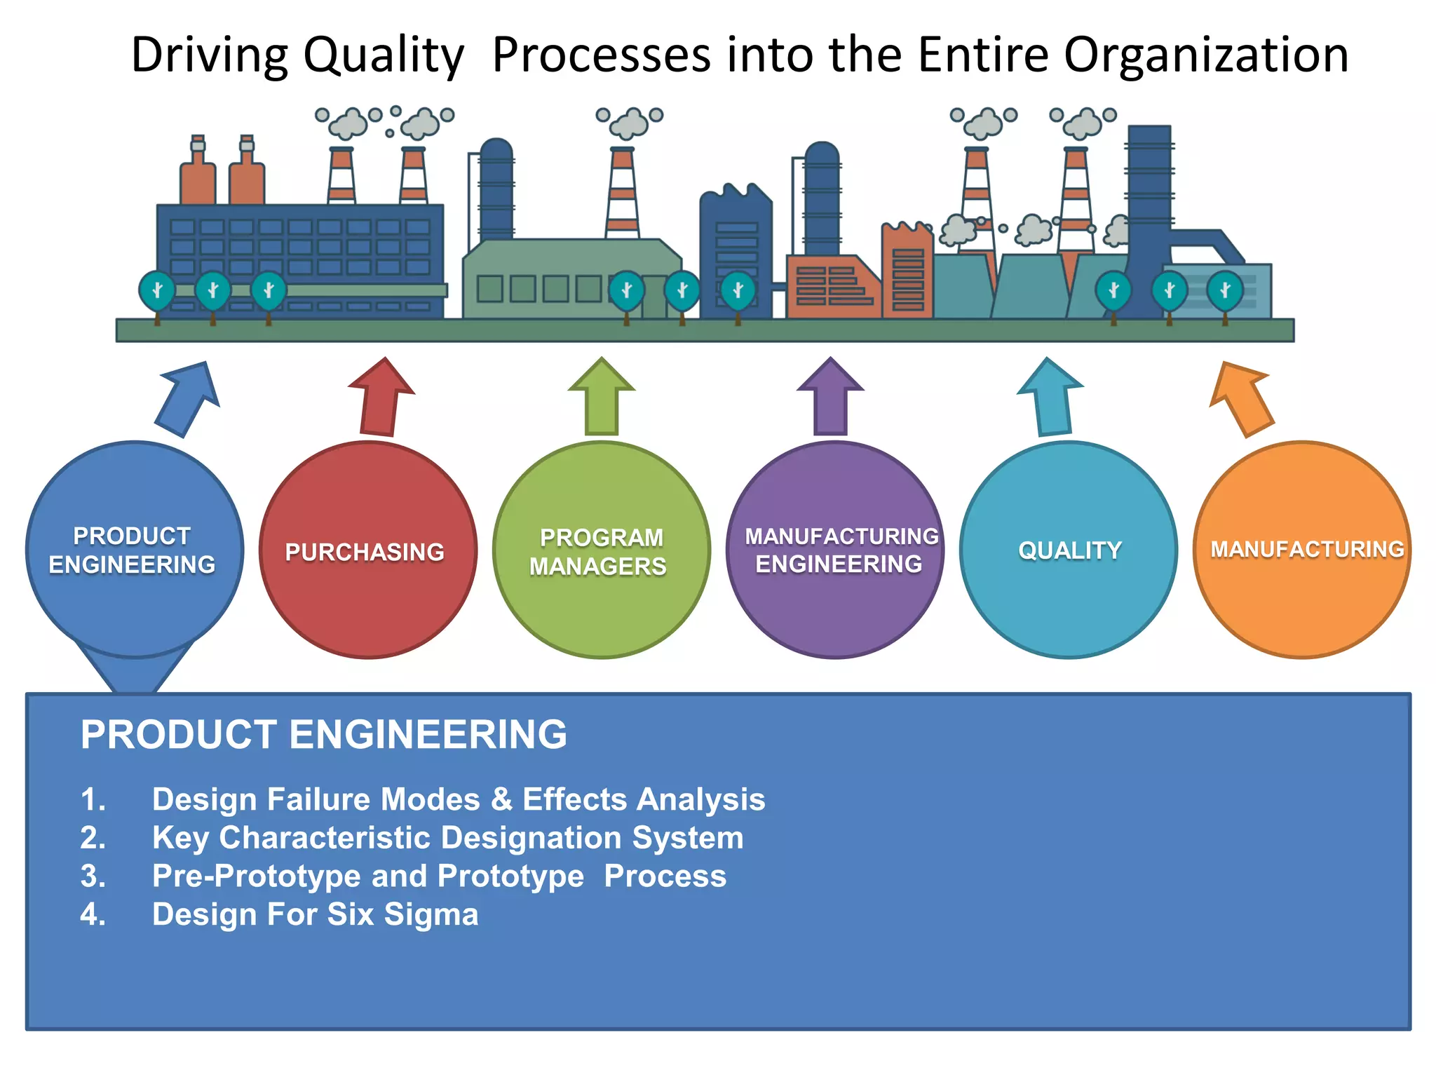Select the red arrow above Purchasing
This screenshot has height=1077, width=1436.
pyautogui.click(x=381, y=398)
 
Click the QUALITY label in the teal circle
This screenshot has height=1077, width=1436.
pyautogui.click(x=1069, y=550)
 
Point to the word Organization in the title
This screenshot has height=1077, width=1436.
pyautogui.click(x=1205, y=55)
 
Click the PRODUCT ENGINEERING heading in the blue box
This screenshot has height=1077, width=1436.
pyautogui.click(x=323, y=734)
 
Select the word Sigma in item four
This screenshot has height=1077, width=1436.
pyautogui.click(x=431, y=914)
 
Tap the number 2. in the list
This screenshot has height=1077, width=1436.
pyautogui.click(x=93, y=838)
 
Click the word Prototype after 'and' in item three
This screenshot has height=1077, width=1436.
pyautogui.click(x=510, y=876)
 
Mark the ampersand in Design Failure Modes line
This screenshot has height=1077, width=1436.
pyautogui.click(x=501, y=799)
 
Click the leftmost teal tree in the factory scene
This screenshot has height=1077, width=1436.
pyautogui.click(x=157, y=291)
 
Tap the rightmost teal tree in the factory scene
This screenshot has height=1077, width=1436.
pyautogui.click(x=1224, y=291)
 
